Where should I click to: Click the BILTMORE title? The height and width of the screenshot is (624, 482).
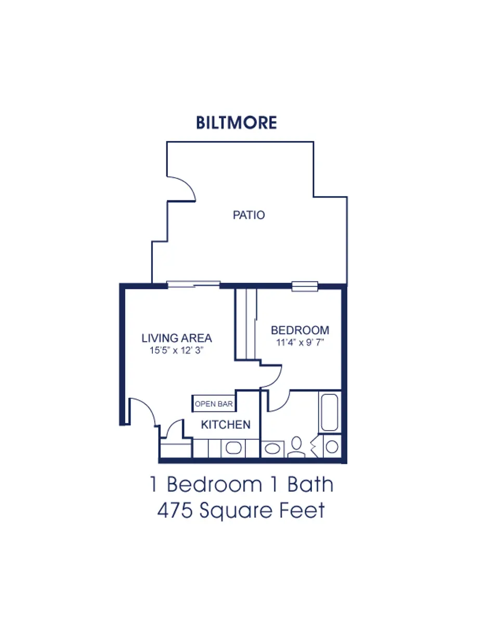(x=237, y=123)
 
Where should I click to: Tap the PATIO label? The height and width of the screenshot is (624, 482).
(x=249, y=215)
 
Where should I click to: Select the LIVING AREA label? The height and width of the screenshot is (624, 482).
(x=177, y=338)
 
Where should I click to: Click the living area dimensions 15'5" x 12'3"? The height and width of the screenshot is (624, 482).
(x=176, y=350)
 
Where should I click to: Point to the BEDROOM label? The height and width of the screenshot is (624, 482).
(x=300, y=330)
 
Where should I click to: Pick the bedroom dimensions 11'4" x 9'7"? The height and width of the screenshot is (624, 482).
(x=300, y=343)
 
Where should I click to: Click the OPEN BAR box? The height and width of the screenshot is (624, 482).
(x=214, y=404)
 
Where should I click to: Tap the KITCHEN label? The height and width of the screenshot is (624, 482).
(x=226, y=424)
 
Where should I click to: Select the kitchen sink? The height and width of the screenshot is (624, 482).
(x=233, y=448)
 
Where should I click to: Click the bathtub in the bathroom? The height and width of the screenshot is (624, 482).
(x=329, y=412)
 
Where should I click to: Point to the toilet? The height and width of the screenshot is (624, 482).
(x=297, y=446)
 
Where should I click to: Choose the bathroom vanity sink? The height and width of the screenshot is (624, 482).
(x=272, y=448)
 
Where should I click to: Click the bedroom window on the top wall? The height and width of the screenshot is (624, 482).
(x=305, y=285)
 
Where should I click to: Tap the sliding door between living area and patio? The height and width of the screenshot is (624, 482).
(x=193, y=284)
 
